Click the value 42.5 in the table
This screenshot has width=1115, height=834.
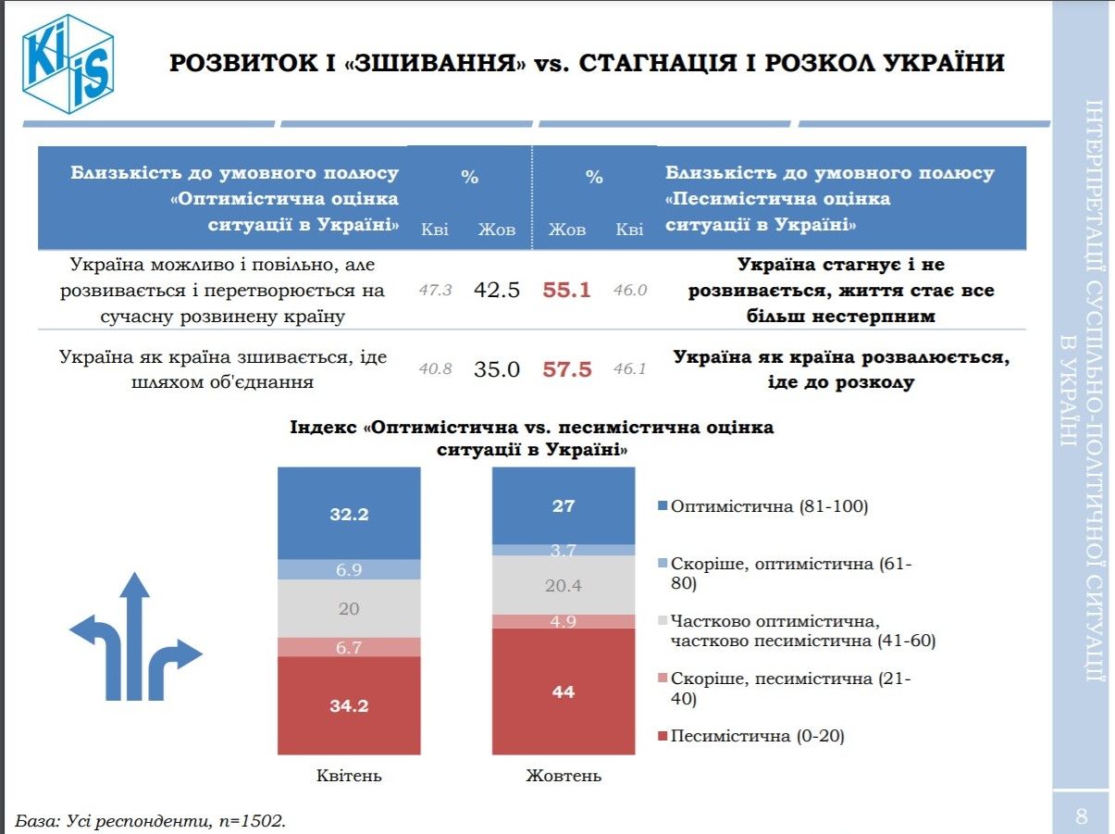(x=497, y=290)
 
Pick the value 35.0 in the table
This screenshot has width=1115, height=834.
(x=497, y=369)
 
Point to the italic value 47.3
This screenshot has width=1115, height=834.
(x=435, y=291)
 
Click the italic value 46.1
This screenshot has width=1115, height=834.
(x=630, y=369)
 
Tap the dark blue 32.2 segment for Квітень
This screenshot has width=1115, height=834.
(x=350, y=514)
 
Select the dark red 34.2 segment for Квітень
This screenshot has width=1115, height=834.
(x=350, y=705)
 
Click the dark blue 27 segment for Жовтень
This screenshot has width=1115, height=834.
(x=564, y=505)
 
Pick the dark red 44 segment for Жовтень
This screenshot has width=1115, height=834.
(x=564, y=691)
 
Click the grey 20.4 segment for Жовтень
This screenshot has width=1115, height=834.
(x=564, y=584)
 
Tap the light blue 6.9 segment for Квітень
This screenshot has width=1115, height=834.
(x=350, y=570)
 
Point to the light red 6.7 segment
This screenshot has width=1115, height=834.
(x=350, y=647)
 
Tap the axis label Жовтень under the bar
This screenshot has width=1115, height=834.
(x=564, y=776)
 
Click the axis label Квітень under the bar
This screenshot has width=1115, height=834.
(x=350, y=776)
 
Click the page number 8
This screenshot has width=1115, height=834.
(x=1081, y=816)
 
